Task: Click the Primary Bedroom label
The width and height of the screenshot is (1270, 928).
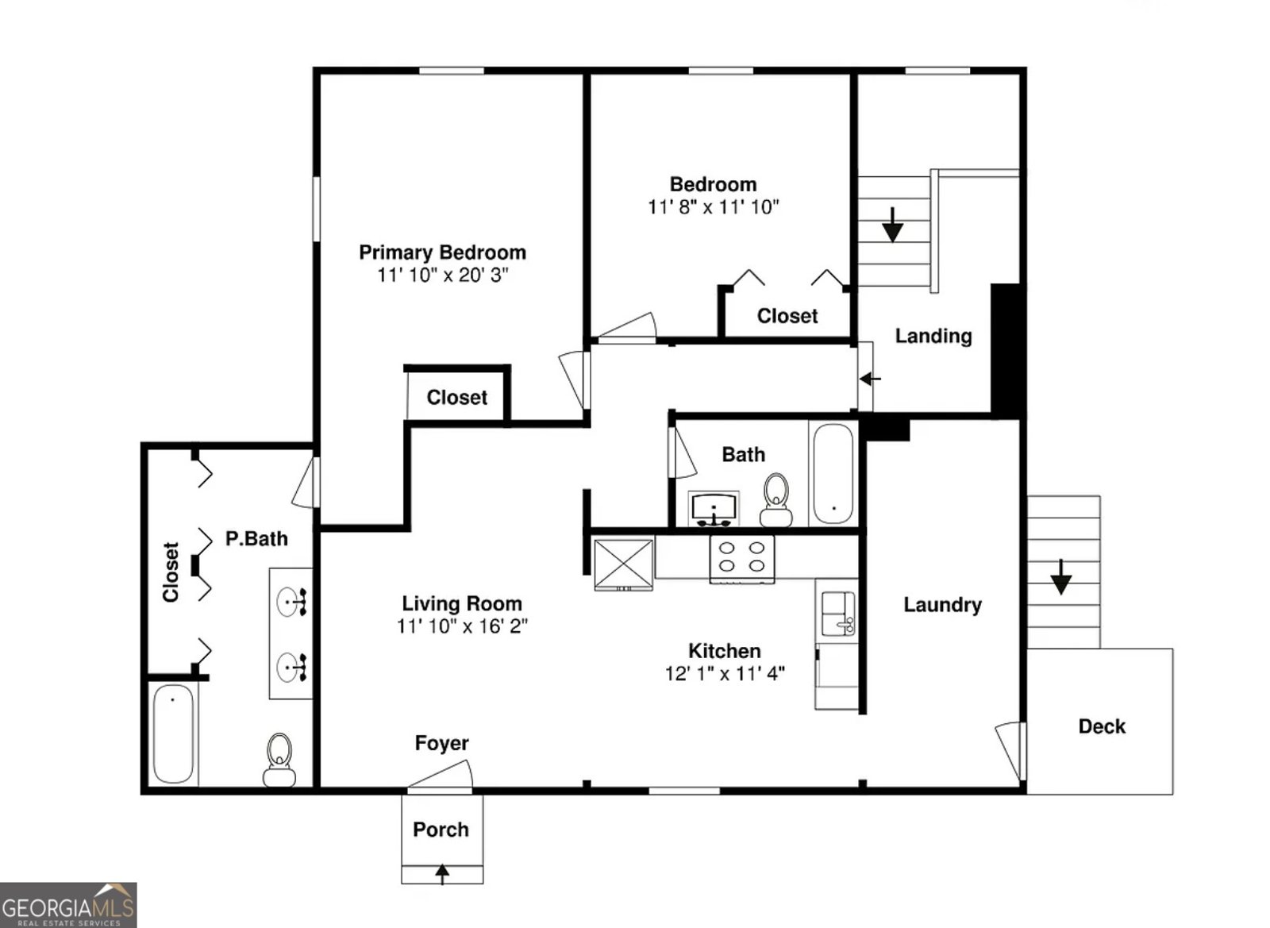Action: point(442,252)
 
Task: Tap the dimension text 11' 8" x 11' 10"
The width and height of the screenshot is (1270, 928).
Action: point(713,207)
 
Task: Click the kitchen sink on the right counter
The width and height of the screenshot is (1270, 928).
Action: point(837,613)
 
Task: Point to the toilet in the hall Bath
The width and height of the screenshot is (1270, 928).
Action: point(775,500)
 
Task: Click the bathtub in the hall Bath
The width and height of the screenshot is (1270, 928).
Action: point(833,473)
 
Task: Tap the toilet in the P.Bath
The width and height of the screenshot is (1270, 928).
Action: point(279,760)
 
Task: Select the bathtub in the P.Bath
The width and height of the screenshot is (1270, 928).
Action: point(172,734)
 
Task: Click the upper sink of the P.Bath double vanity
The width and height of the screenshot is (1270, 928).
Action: point(290,603)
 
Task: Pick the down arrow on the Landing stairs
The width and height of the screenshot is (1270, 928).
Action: point(893,225)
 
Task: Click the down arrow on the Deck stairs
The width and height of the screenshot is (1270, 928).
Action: point(1060,577)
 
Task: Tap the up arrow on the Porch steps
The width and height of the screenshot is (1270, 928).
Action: point(442,873)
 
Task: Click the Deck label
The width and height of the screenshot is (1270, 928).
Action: point(1101,726)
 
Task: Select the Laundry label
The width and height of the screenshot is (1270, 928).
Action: point(942,605)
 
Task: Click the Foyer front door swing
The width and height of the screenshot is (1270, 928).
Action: point(443,776)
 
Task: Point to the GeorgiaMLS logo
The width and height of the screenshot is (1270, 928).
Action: point(68,905)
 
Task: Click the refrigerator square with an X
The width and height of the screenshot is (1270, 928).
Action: point(624,564)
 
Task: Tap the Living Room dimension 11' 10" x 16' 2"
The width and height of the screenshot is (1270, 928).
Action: point(462,626)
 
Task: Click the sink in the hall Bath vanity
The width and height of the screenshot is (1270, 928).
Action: point(714,506)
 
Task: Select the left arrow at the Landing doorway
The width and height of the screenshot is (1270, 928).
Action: point(870,379)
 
